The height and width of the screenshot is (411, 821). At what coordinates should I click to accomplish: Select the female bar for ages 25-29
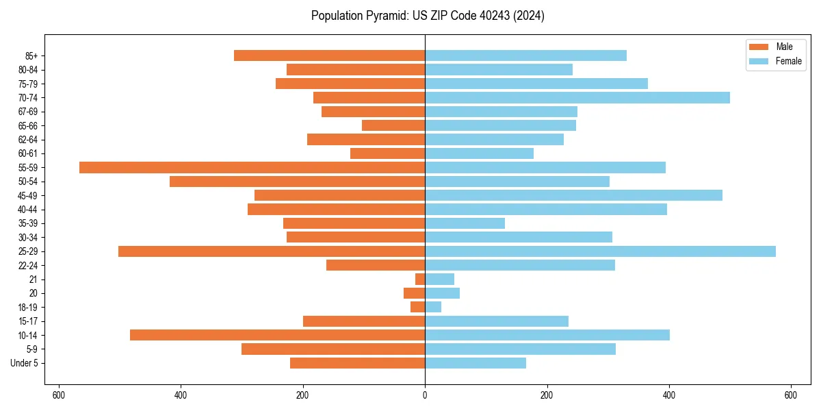click(x=600, y=251)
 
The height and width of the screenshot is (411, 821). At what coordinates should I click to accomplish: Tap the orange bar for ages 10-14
click(x=277, y=335)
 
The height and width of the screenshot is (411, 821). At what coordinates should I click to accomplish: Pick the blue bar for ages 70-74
click(x=577, y=98)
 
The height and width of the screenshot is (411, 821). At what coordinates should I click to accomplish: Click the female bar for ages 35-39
click(x=465, y=223)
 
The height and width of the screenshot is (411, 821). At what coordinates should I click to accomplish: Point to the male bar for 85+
click(x=329, y=55)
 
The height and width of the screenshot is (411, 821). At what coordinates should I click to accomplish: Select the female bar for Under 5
click(x=475, y=363)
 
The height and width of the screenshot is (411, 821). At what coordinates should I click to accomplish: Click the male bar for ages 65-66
click(x=393, y=125)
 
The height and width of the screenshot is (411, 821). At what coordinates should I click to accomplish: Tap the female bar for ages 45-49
click(x=573, y=195)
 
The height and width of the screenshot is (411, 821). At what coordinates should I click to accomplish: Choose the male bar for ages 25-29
click(x=272, y=251)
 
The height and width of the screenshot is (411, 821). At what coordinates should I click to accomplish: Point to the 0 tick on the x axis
click(x=425, y=395)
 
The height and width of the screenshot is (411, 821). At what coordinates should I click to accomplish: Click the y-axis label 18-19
click(x=27, y=308)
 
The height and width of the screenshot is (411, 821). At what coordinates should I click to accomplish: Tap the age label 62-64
click(x=27, y=140)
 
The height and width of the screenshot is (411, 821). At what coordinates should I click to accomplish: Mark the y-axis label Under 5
click(x=24, y=363)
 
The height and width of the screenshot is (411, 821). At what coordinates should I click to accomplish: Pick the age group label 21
click(x=33, y=279)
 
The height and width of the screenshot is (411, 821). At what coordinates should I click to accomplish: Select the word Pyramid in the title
click(x=386, y=16)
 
